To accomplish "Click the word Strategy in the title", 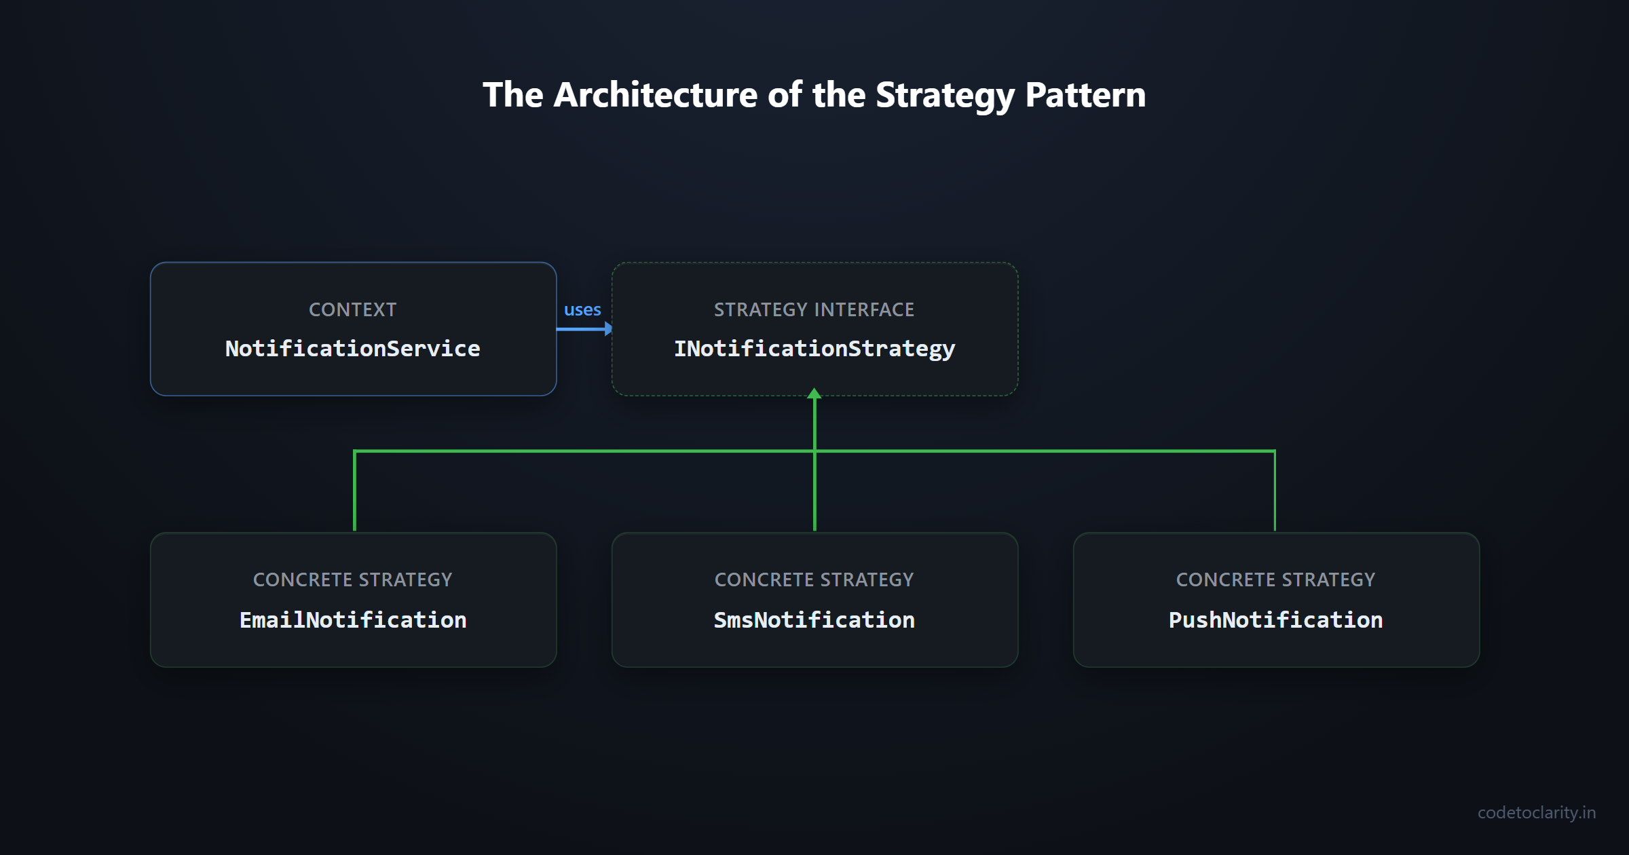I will tap(945, 95).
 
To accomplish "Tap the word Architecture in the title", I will tap(655, 95).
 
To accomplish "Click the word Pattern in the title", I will tap(1085, 95).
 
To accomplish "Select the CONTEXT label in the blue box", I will tap(352, 309).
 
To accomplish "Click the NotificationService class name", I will tap(352, 349).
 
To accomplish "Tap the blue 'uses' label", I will tap(582, 309).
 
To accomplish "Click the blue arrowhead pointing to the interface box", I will tap(608, 329).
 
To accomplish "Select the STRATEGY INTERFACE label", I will tap(814, 309).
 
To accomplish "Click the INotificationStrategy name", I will tap(814, 349).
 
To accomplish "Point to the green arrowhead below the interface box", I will tap(814, 394).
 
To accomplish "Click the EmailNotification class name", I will tap(352, 620).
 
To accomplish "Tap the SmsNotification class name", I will tap(814, 620).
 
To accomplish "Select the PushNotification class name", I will tap(1275, 620).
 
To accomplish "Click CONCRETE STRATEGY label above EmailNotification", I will tap(352, 579).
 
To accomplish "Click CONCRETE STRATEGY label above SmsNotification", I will tap(814, 579).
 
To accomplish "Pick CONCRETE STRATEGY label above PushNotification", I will tap(1275, 579).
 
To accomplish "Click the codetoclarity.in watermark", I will tap(1536, 812).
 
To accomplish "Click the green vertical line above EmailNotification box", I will tap(354, 492).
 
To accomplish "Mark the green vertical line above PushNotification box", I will tap(1275, 492).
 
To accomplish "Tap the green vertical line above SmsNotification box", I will tap(814, 492).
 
